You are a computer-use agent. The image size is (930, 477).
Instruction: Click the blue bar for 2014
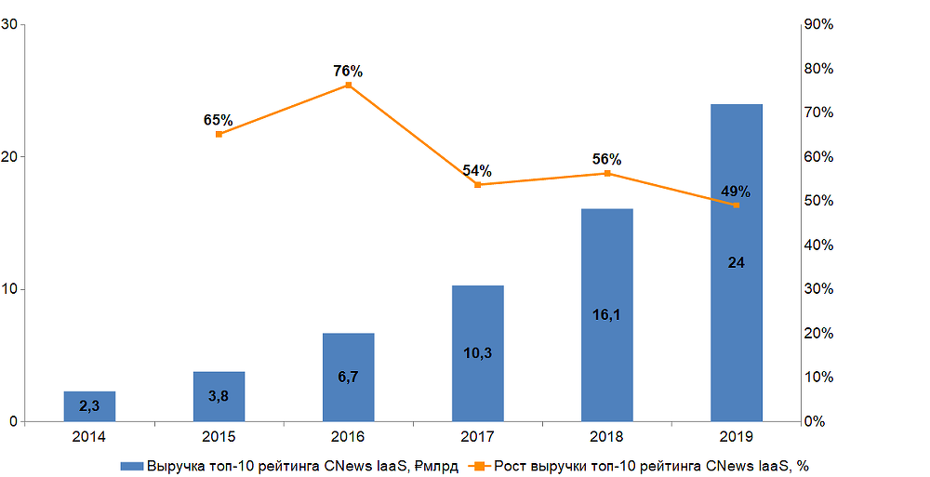(x=89, y=406)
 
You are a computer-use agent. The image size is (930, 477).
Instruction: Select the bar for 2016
(x=348, y=377)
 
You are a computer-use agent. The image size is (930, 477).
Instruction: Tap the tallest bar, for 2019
(x=736, y=262)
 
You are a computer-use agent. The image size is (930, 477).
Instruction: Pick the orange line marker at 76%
(x=349, y=86)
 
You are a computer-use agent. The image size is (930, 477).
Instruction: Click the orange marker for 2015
(x=219, y=134)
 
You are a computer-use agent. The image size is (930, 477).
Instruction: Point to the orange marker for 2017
(x=477, y=184)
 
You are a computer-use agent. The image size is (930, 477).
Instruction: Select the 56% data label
(x=606, y=159)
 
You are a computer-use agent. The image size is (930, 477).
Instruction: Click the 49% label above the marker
(x=736, y=192)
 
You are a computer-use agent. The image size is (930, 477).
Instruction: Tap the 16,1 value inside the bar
(x=606, y=314)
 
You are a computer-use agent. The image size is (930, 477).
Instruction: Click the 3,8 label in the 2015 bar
(x=219, y=395)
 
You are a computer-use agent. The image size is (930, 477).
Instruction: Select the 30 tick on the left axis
(x=12, y=24)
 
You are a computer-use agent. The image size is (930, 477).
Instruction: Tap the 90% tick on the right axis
(x=817, y=24)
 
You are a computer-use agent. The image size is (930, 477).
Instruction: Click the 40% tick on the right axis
(x=817, y=245)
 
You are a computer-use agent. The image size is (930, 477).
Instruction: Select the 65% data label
(x=218, y=120)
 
